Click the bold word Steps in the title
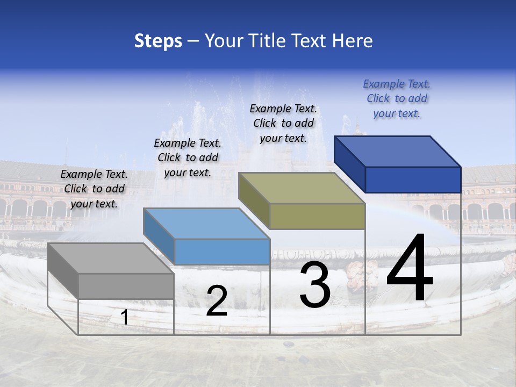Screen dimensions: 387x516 point(158,41)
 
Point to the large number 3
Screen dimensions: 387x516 point(315,285)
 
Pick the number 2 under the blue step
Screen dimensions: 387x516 point(217,301)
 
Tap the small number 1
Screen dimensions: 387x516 point(124,318)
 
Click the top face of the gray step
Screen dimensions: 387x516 point(110,258)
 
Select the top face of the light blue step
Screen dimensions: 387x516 point(206,223)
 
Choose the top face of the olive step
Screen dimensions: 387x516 point(302,188)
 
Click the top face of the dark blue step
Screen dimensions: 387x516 point(397,151)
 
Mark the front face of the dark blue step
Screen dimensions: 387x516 point(413,180)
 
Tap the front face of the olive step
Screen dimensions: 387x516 point(317,217)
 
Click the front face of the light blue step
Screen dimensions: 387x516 point(222,252)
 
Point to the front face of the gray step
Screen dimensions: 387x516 point(126,286)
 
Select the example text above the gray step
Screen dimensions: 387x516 point(94,189)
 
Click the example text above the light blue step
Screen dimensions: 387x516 point(188,157)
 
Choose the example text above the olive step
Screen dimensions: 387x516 point(283,123)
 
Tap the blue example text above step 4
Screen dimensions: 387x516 point(397,98)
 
